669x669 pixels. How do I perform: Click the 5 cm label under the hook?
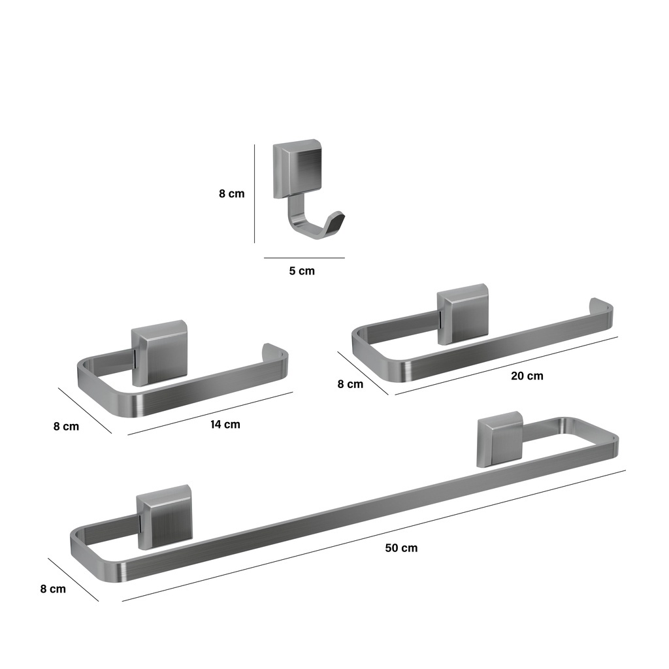[302, 271]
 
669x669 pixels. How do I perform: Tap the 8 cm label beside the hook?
[232, 193]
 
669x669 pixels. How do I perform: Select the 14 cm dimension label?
[225, 425]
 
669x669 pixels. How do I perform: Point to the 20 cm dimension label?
[527, 376]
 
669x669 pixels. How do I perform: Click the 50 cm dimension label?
[401, 548]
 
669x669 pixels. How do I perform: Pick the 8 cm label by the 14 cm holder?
[66, 426]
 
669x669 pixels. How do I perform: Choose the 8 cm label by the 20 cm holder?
[350, 384]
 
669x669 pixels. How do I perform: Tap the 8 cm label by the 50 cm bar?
[53, 589]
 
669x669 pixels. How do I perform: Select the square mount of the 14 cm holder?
[159, 353]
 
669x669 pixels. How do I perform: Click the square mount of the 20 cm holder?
[463, 314]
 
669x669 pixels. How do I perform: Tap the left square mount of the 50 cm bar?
[164, 517]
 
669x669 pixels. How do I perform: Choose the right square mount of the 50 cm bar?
[500, 439]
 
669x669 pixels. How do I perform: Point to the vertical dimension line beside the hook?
[255, 193]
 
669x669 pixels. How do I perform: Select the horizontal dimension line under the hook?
[304, 257]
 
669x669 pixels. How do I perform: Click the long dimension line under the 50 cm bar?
[374, 536]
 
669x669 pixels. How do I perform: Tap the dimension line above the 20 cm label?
[506, 366]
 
